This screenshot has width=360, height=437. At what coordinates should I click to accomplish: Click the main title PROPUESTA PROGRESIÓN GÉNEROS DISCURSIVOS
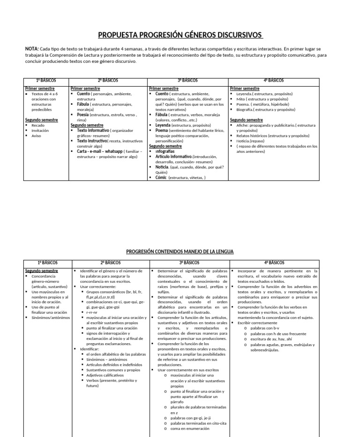click(x=180, y=35)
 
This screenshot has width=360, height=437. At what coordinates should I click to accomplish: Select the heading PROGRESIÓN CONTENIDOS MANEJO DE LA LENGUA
click(x=180, y=252)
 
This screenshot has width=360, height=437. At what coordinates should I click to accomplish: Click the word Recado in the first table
click(x=38, y=126)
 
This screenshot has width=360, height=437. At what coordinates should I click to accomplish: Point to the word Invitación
click(x=40, y=131)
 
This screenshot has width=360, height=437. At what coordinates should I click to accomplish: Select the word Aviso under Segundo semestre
click(x=37, y=136)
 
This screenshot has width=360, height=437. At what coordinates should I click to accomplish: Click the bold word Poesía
click(x=83, y=114)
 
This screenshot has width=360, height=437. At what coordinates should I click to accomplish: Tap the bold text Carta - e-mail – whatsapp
click(x=100, y=151)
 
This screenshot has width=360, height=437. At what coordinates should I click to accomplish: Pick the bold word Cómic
click(x=161, y=178)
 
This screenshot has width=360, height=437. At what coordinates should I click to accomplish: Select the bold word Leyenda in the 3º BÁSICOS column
click(x=163, y=126)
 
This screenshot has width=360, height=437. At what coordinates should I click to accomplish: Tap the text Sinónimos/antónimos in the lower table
click(x=51, y=317)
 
